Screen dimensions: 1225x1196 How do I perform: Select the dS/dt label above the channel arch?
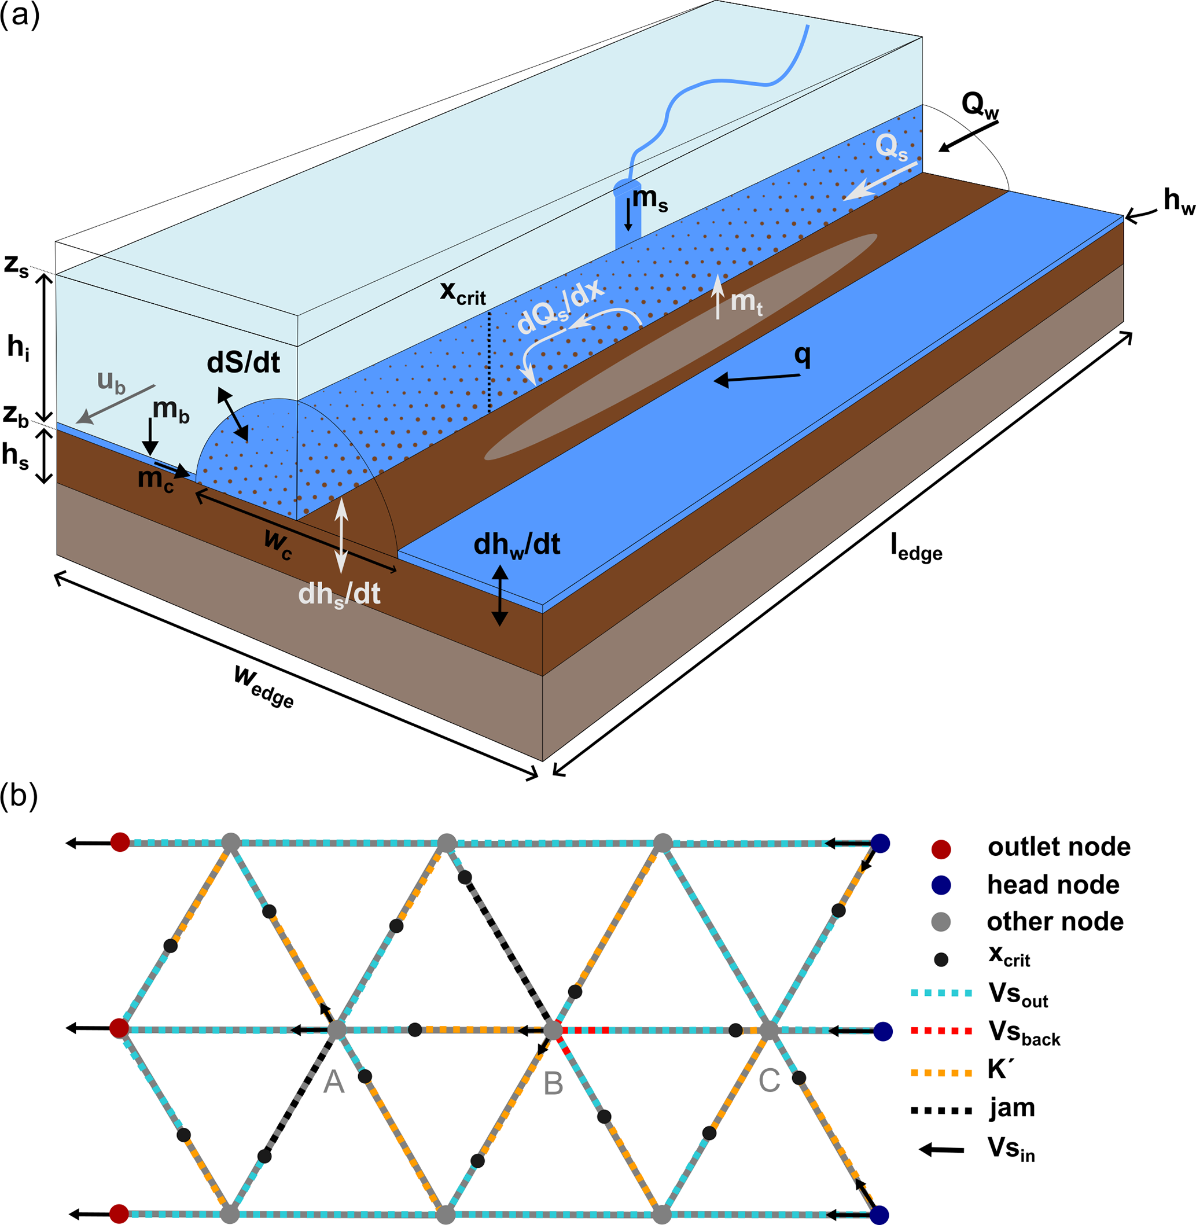tap(243, 363)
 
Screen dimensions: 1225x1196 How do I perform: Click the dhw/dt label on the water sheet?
tap(516, 545)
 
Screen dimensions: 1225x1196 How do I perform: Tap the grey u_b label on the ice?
tap(111, 382)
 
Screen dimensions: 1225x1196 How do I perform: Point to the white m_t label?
tap(746, 303)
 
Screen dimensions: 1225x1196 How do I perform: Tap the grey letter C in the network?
tap(769, 1080)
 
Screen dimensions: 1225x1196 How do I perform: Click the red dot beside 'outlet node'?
tap(941, 849)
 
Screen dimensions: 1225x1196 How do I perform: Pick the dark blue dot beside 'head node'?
tap(941, 886)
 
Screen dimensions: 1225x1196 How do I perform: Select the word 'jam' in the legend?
tap(1012, 1108)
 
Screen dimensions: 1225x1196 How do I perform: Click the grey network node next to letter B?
tap(552, 1030)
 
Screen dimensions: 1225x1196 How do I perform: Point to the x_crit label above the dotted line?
tap(463, 293)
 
